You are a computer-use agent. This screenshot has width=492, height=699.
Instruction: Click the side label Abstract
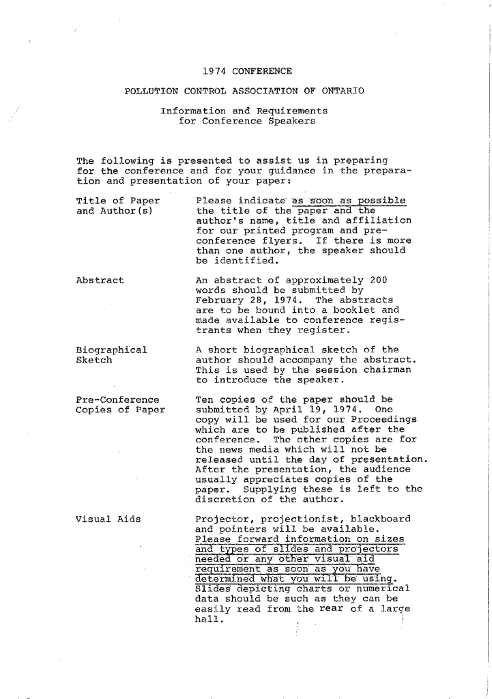click(100, 280)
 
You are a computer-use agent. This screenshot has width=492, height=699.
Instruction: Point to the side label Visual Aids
click(108, 519)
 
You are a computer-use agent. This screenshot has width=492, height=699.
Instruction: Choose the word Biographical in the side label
click(111, 350)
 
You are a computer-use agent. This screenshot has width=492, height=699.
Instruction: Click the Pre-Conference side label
click(117, 399)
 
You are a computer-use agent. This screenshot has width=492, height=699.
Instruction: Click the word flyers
click(286, 240)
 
